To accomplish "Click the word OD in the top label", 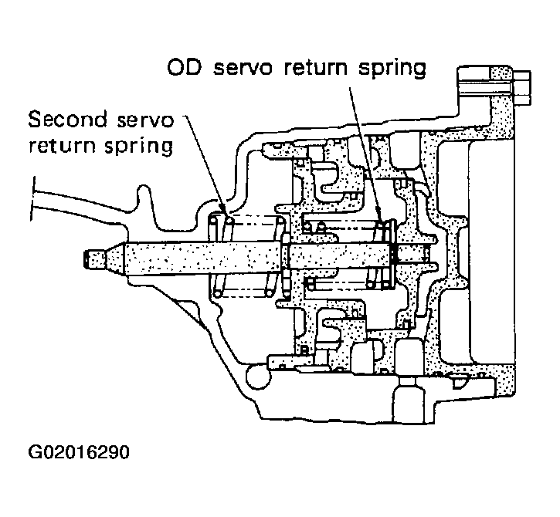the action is coord(185,67).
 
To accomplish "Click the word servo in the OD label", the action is coord(243,68).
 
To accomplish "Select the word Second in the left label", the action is coord(67,119).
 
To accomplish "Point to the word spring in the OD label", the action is coord(392,69).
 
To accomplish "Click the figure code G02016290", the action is coord(79,452).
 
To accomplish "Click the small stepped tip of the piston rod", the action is coord(95,259).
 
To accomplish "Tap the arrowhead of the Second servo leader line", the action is coord(222,210).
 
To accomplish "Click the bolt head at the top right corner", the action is coord(522,87).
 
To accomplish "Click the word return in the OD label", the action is coord(315,68).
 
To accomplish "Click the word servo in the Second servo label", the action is coord(145,120).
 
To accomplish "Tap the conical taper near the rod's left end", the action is coord(116,259).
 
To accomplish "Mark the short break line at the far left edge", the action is coord(33,199).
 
